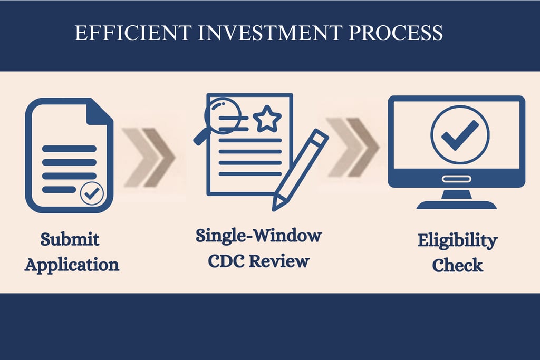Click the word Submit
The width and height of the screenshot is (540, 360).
[x=70, y=240]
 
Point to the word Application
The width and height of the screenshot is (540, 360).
[x=72, y=264]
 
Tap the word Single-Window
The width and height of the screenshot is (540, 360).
[x=258, y=235]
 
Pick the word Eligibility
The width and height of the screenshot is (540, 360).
[x=457, y=241]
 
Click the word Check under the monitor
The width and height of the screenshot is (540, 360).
[x=457, y=265]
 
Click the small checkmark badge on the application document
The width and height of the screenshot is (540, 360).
[x=92, y=194]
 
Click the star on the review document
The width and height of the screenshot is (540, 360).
[x=267, y=119]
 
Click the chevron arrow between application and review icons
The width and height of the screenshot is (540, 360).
[x=149, y=157]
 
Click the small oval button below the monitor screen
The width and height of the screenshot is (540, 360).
[x=456, y=179]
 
